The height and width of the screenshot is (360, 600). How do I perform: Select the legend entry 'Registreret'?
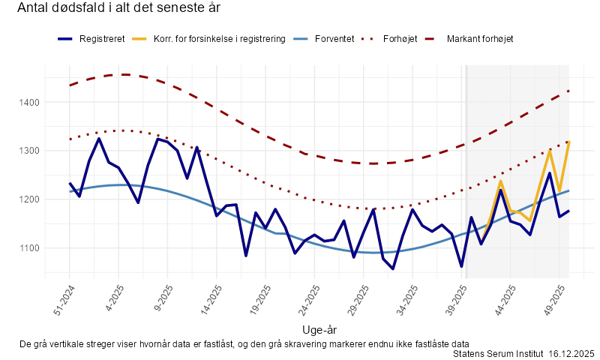[101, 38]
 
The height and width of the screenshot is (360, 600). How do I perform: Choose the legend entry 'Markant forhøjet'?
[479, 38]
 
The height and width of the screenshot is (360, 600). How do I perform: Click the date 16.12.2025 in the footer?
[571, 352]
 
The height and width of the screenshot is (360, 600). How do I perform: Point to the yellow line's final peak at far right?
[568, 142]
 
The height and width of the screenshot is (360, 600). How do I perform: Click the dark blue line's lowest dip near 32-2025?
[393, 268]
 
